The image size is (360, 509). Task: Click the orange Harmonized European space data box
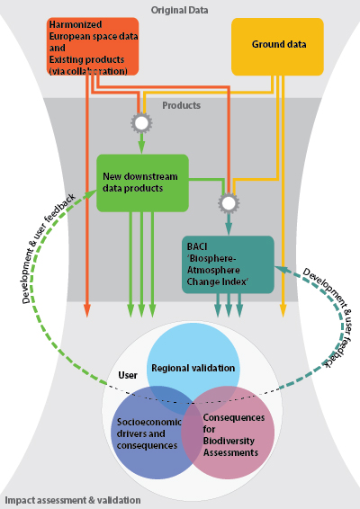point(93,47)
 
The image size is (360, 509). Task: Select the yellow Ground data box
point(277,47)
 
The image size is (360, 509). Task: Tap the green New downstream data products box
point(142,183)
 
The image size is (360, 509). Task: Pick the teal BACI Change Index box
point(228,264)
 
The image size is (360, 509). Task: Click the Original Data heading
point(179,10)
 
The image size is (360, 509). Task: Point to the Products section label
point(181,105)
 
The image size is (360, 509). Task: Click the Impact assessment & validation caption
point(73,500)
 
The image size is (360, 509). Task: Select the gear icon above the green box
point(141,122)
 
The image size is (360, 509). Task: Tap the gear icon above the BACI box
point(229,203)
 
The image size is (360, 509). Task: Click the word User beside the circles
point(128,375)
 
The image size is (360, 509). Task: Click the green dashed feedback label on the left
point(48,249)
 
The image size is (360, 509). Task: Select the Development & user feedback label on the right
point(328,317)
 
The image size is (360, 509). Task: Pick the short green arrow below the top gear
point(141,143)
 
